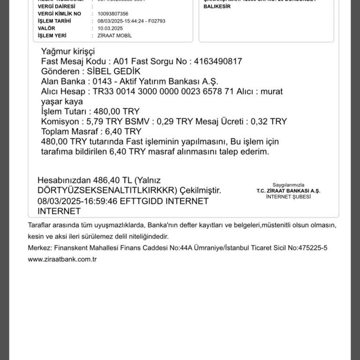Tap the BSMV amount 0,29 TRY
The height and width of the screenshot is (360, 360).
point(171,121)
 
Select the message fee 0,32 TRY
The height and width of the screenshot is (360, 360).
point(269,121)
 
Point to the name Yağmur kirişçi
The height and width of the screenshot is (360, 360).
point(68,51)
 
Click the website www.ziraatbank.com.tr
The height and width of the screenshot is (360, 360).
point(62,259)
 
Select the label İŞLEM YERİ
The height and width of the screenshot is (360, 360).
point(52,36)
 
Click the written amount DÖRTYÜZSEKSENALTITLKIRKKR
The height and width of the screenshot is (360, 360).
point(105,191)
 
